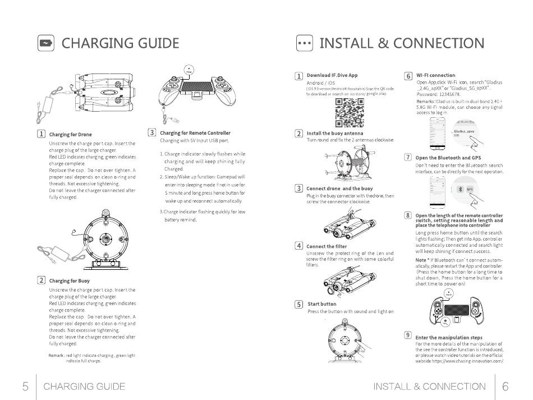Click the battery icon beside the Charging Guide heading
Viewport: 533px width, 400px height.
pyautogui.click(x=46, y=44)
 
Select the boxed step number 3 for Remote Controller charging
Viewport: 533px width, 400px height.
pyautogui.click(x=151, y=133)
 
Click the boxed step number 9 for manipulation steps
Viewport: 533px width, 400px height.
pyautogui.click(x=408, y=335)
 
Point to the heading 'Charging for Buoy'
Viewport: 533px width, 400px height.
pyautogui.click(x=69, y=281)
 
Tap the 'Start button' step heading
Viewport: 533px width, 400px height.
pyautogui.click(x=322, y=304)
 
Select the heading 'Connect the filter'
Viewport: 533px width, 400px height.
pyautogui.click(x=327, y=246)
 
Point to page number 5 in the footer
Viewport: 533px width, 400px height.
pyautogui.click(x=25, y=387)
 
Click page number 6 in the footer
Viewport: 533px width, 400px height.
pyautogui.click(x=506, y=387)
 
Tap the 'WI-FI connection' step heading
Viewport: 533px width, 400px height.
pyautogui.click(x=435, y=75)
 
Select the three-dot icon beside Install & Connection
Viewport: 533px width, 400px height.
pyautogui.click(x=304, y=44)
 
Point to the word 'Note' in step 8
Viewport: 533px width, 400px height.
pyautogui.click(x=420, y=260)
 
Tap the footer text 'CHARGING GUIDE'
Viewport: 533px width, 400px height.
pyautogui.click(x=84, y=387)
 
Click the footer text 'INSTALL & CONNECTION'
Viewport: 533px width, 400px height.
pyautogui.click(x=429, y=387)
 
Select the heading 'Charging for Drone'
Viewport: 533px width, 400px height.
pyautogui.click(x=70, y=135)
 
